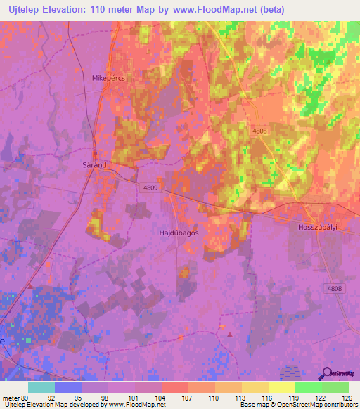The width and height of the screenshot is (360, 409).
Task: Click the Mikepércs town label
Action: tap(108, 79)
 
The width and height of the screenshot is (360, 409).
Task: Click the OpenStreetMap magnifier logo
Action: tap(328, 375)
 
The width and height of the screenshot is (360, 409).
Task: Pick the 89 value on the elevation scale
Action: tap(27, 398)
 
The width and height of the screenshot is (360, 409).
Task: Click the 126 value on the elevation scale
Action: tap(347, 398)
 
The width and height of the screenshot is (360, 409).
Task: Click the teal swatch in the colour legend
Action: tap(41, 387)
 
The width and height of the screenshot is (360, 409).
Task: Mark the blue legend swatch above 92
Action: tap(68, 387)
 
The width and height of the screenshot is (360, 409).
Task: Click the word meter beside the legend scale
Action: tap(11, 398)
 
